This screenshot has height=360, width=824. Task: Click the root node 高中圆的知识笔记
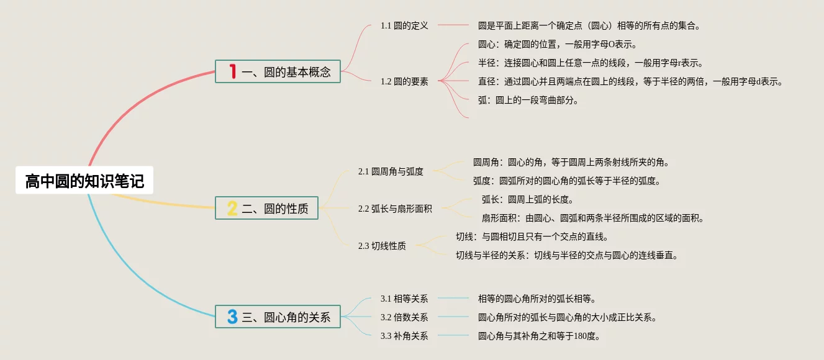point(84,181)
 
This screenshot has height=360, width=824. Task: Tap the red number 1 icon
point(233,72)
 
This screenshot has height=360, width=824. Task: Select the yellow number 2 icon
point(232,209)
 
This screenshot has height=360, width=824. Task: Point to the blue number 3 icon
point(232,317)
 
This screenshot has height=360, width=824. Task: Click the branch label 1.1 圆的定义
point(404,26)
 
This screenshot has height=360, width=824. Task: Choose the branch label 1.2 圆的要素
point(404,81)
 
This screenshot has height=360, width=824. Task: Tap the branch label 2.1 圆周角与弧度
point(391,171)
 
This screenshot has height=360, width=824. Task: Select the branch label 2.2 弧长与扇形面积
point(395,209)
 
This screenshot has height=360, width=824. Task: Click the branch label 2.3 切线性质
point(382,246)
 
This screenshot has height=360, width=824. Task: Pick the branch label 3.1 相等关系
point(404,299)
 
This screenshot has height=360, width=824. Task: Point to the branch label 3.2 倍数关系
point(404,317)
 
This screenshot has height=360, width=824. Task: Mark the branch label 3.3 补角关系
point(404,336)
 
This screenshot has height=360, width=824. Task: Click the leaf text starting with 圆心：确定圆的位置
point(558,45)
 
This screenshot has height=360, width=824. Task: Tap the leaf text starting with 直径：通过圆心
point(630,81)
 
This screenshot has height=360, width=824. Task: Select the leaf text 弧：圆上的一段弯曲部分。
point(528,100)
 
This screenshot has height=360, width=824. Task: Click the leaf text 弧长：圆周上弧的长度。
point(527,199)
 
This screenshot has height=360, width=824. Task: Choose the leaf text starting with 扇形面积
point(592,218)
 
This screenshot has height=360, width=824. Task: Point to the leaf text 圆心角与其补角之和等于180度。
point(539,336)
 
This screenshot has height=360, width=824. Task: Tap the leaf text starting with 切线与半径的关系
point(567,255)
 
